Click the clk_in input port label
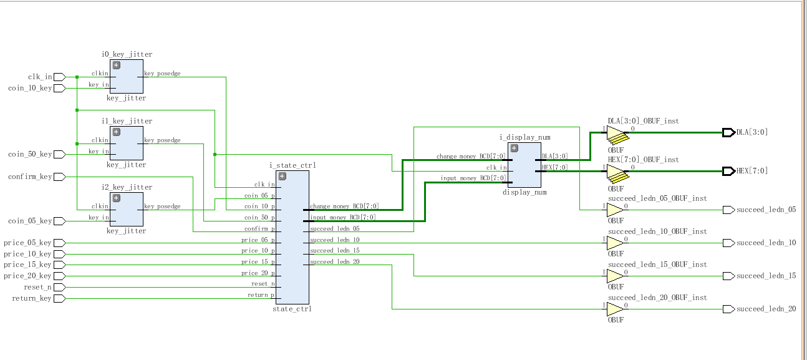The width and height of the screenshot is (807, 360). click(40, 77)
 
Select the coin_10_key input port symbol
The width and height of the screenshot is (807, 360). click(59, 89)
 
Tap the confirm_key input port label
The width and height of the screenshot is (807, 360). click(30, 177)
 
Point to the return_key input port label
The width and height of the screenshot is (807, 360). click(32, 299)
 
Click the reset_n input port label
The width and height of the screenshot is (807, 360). click(38, 288)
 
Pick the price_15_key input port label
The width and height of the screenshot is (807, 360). click(27, 265)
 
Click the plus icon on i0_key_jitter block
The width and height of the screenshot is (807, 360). click(116, 66)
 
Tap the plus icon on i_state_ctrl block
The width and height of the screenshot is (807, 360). click(282, 177)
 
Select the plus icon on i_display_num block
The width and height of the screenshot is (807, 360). click(515, 148)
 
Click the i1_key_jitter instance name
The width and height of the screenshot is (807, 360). click(126, 121)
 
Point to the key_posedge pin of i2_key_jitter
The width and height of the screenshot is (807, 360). click(162, 207)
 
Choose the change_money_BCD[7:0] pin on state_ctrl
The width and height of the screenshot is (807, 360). click(344, 207)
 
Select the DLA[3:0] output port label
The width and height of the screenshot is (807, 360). click(752, 132)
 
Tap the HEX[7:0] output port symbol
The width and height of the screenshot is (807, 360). click(728, 171)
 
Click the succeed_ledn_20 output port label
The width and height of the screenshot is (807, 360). click(766, 309)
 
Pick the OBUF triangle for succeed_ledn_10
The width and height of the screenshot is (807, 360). click(615, 243)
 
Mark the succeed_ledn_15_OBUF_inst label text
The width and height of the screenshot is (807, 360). click(657, 265)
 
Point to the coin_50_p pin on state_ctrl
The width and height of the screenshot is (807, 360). click(259, 218)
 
